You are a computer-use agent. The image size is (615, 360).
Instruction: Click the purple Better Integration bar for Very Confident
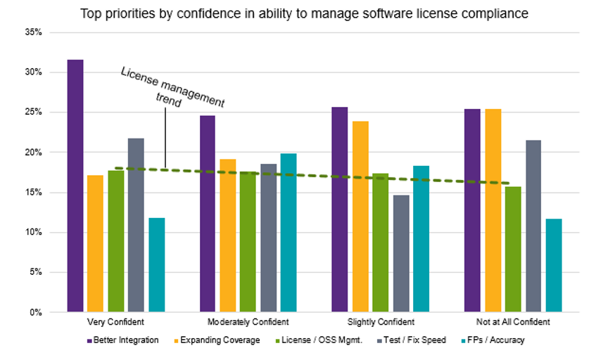(x=75, y=186)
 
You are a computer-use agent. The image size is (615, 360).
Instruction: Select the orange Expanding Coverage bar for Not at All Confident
(x=493, y=210)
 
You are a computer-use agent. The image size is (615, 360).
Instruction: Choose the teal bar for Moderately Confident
(x=289, y=232)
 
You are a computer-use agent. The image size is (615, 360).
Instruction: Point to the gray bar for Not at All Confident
(x=533, y=226)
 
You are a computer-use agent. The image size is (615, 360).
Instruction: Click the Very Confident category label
(x=116, y=322)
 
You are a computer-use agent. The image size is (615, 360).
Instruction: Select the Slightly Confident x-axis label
(x=381, y=322)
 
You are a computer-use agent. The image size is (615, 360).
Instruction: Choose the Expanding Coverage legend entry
(x=218, y=340)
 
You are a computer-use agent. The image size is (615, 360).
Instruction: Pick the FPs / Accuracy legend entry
(x=493, y=340)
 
